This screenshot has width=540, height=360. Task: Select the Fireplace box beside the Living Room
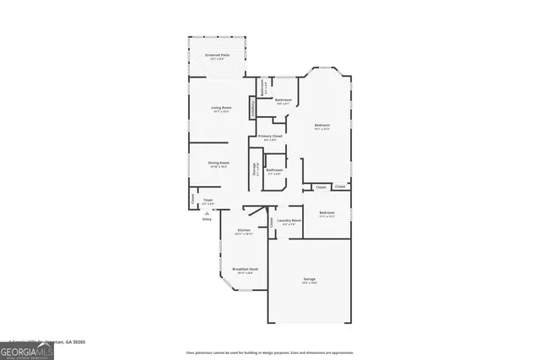251,108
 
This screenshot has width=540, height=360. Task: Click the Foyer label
207,201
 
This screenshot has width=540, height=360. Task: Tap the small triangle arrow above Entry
207,213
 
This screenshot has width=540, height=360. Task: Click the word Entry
207,219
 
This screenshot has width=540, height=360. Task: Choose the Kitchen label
243,229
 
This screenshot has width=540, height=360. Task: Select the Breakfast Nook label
246,269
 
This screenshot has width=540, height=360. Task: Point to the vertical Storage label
253,169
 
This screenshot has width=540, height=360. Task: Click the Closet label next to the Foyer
192,199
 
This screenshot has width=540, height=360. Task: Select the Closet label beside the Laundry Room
272,222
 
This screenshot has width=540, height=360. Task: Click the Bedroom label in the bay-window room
322,126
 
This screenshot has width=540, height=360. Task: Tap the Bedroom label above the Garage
327,212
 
